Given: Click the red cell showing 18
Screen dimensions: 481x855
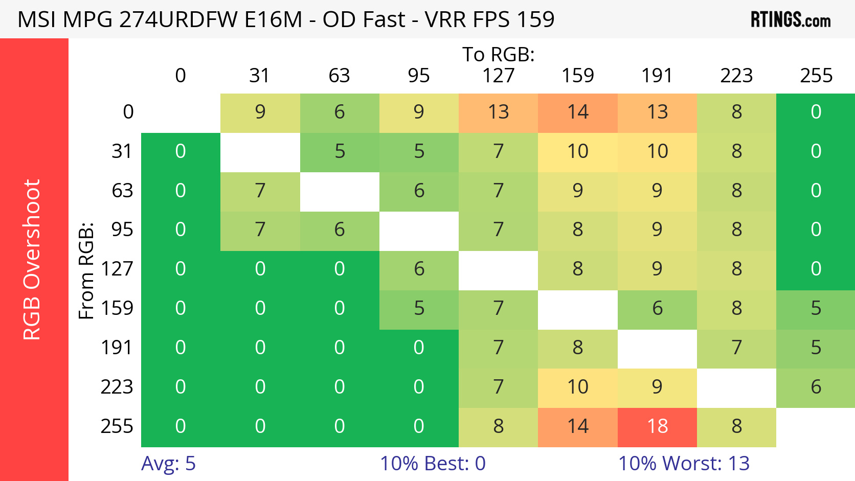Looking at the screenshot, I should pos(657,426).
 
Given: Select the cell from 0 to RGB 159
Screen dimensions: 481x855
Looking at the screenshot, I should pos(578,112).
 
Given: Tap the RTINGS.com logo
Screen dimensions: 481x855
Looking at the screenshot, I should pos(790,20).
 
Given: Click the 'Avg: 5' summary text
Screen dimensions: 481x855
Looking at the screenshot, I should pos(168,464).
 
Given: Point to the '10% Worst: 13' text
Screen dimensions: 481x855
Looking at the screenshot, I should pos(684,464).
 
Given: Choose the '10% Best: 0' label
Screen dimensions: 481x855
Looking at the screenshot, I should pos(433,464).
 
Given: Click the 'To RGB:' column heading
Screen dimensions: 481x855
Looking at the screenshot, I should pos(499,54).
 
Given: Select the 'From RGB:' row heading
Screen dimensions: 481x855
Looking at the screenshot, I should pos(86,270).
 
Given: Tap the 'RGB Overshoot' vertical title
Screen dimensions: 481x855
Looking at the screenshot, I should pos(32,260).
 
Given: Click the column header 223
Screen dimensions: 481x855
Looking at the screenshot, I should pos(736,76).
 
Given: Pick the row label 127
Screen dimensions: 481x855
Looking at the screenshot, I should pos(117,269).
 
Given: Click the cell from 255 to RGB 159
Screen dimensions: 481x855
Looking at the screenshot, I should pos(578,426).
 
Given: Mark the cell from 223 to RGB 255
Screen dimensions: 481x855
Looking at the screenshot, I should pos(816,387).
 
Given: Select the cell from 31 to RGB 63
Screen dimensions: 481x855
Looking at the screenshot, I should pos(340,151).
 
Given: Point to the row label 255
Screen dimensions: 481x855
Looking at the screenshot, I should pos(117,426).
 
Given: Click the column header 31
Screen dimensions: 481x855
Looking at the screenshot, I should pos(260,76).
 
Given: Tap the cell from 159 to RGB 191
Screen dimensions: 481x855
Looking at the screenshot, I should pos(657,308).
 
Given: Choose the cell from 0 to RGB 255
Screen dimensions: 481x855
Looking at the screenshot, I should pos(816,112).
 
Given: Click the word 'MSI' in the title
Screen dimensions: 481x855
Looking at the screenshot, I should pos(37,20).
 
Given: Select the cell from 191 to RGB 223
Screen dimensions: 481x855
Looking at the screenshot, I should pos(736,348).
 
